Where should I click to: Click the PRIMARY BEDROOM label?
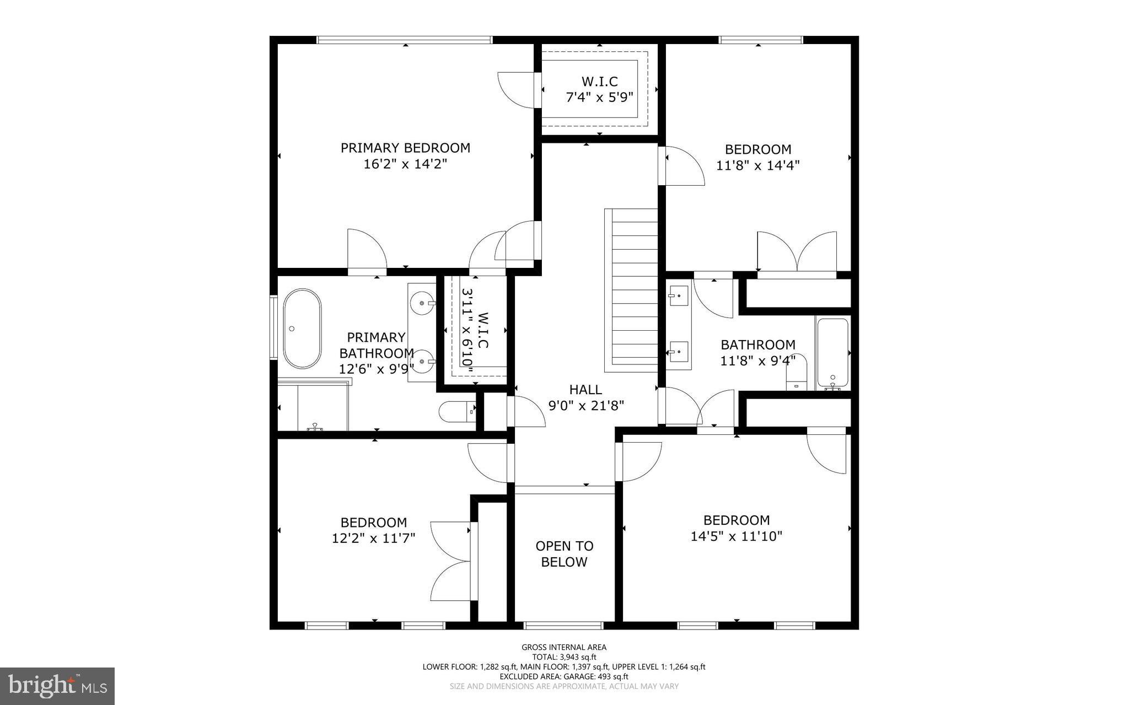405,148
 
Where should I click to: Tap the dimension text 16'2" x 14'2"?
405,164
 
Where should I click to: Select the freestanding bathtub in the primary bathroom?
302,329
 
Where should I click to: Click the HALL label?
585,390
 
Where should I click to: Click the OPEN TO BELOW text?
564,554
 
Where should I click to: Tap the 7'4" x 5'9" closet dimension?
600,97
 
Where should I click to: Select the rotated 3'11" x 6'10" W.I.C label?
475,331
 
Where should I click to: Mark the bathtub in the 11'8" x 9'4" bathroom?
832,353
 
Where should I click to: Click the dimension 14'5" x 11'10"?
736,536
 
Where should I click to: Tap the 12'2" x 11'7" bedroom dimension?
373,537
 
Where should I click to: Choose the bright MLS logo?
57,686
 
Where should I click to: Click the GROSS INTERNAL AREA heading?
564,647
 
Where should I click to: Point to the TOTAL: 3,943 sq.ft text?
564,657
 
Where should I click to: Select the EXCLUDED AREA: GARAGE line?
564,676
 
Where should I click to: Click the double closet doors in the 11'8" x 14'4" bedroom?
797,254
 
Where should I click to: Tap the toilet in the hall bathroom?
796,375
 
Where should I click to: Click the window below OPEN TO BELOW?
563,625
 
